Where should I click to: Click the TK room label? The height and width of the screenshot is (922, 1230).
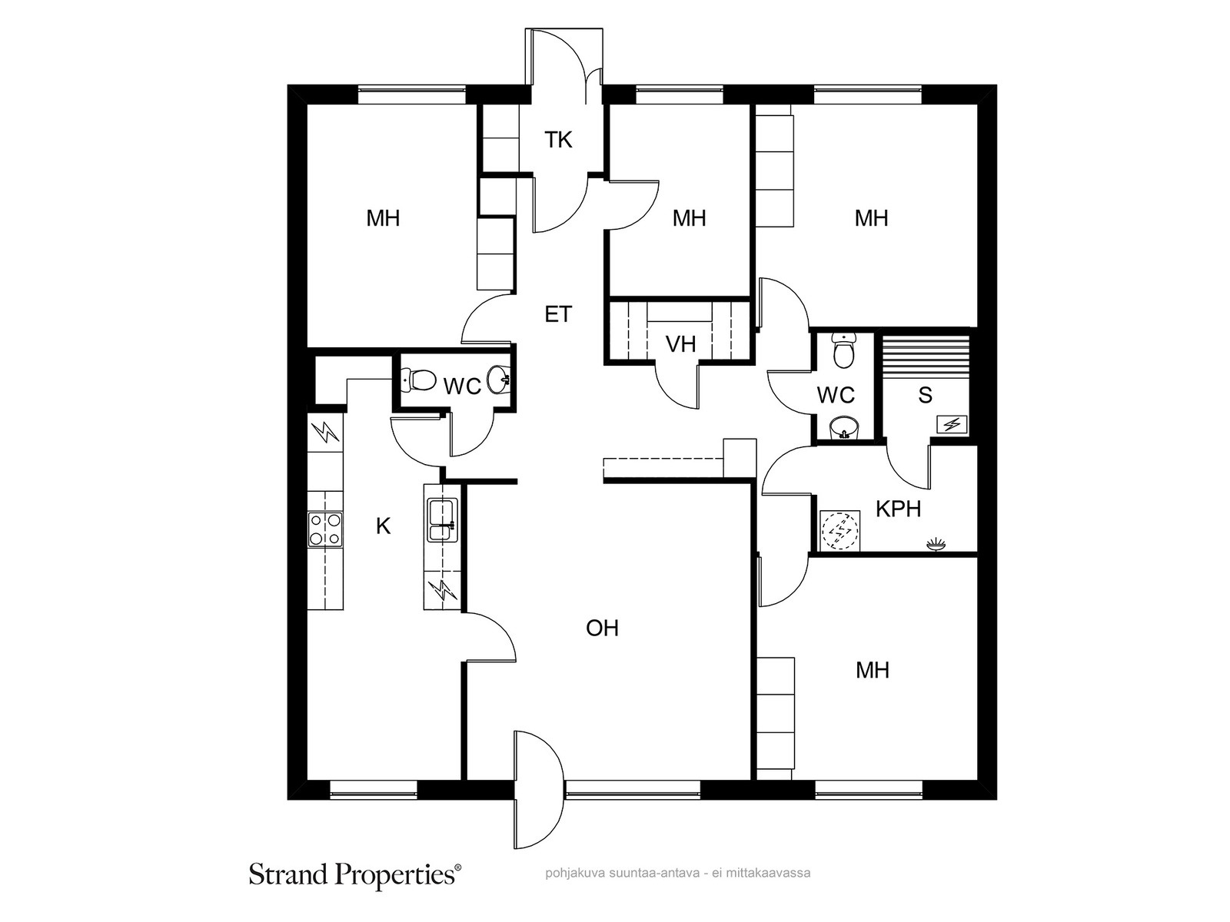pos(558,140)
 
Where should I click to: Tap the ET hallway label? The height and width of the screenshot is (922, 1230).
pos(558,314)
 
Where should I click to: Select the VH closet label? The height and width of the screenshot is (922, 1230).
pos(681,344)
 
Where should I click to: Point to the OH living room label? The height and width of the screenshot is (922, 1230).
pos(603,628)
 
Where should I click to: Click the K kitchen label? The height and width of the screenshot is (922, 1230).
pos(384,526)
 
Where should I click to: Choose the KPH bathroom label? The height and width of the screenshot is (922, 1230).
pos(898,509)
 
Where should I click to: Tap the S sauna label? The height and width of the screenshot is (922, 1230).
pos(925,395)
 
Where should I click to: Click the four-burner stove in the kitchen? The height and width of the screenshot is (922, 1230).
pos(326,529)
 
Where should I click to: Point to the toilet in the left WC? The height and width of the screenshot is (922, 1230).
pos(419,380)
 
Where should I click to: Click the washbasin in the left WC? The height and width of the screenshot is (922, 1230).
pos(498,380)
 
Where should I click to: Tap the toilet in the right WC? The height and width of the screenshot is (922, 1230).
pos(843,351)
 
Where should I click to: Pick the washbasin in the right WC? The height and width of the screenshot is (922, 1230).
pos(843,428)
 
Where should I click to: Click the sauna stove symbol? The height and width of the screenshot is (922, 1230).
pos(952,425)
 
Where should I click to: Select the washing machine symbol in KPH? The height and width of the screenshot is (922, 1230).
pos(839,531)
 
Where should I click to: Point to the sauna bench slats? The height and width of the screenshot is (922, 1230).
pos(925,358)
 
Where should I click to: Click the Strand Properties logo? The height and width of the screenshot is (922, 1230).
pos(356,874)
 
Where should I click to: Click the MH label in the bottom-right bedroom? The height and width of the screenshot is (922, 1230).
pos(873,670)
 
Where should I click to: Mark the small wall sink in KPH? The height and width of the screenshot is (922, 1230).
pos(936,544)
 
